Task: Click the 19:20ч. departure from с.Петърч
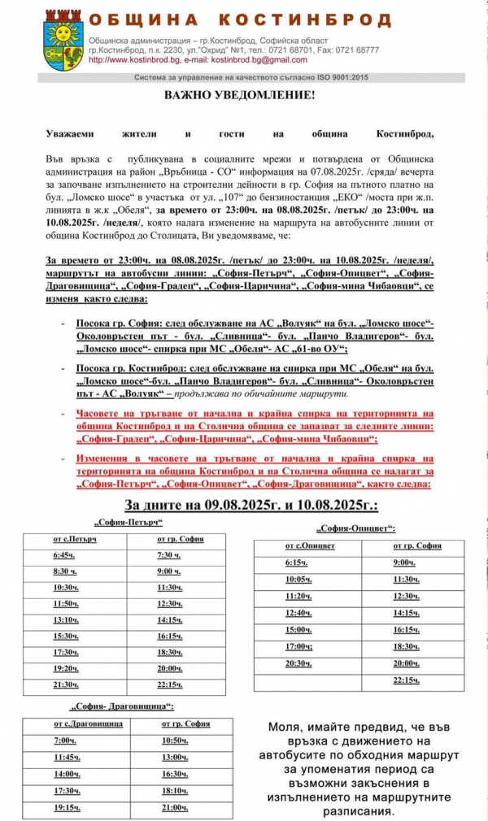pos(66,668)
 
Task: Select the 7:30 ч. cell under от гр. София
pos(169,555)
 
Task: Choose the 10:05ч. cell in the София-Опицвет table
pos(298,580)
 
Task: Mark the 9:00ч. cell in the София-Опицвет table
pos(404,563)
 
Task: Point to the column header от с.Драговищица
pos(88,723)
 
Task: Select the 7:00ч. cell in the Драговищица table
pos(65,741)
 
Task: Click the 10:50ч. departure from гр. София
pos(175,741)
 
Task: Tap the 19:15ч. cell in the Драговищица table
pos(67,808)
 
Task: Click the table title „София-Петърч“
pos(129,521)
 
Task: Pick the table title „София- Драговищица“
pos(123,706)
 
